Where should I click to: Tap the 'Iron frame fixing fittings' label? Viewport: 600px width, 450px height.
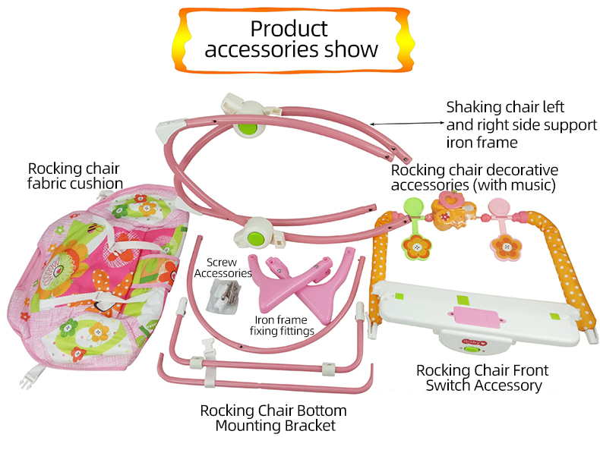click(283, 325)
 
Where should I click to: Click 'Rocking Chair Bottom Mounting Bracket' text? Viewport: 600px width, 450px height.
click(273, 418)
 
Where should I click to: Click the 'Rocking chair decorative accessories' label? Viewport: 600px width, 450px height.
click(474, 177)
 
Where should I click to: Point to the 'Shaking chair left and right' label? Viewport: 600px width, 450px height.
click(521, 124)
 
